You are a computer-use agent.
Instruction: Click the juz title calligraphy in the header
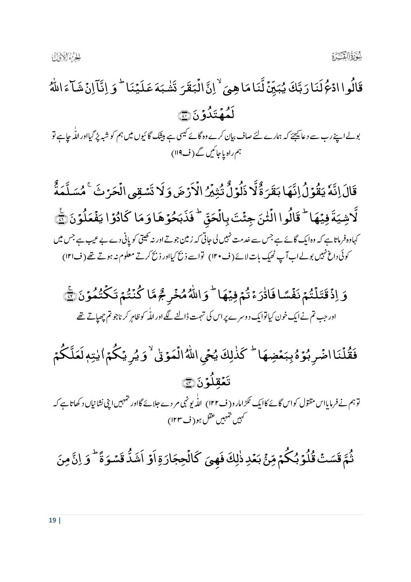[x=67, y=57]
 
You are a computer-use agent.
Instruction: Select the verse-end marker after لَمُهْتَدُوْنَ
[x=183, y=116]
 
